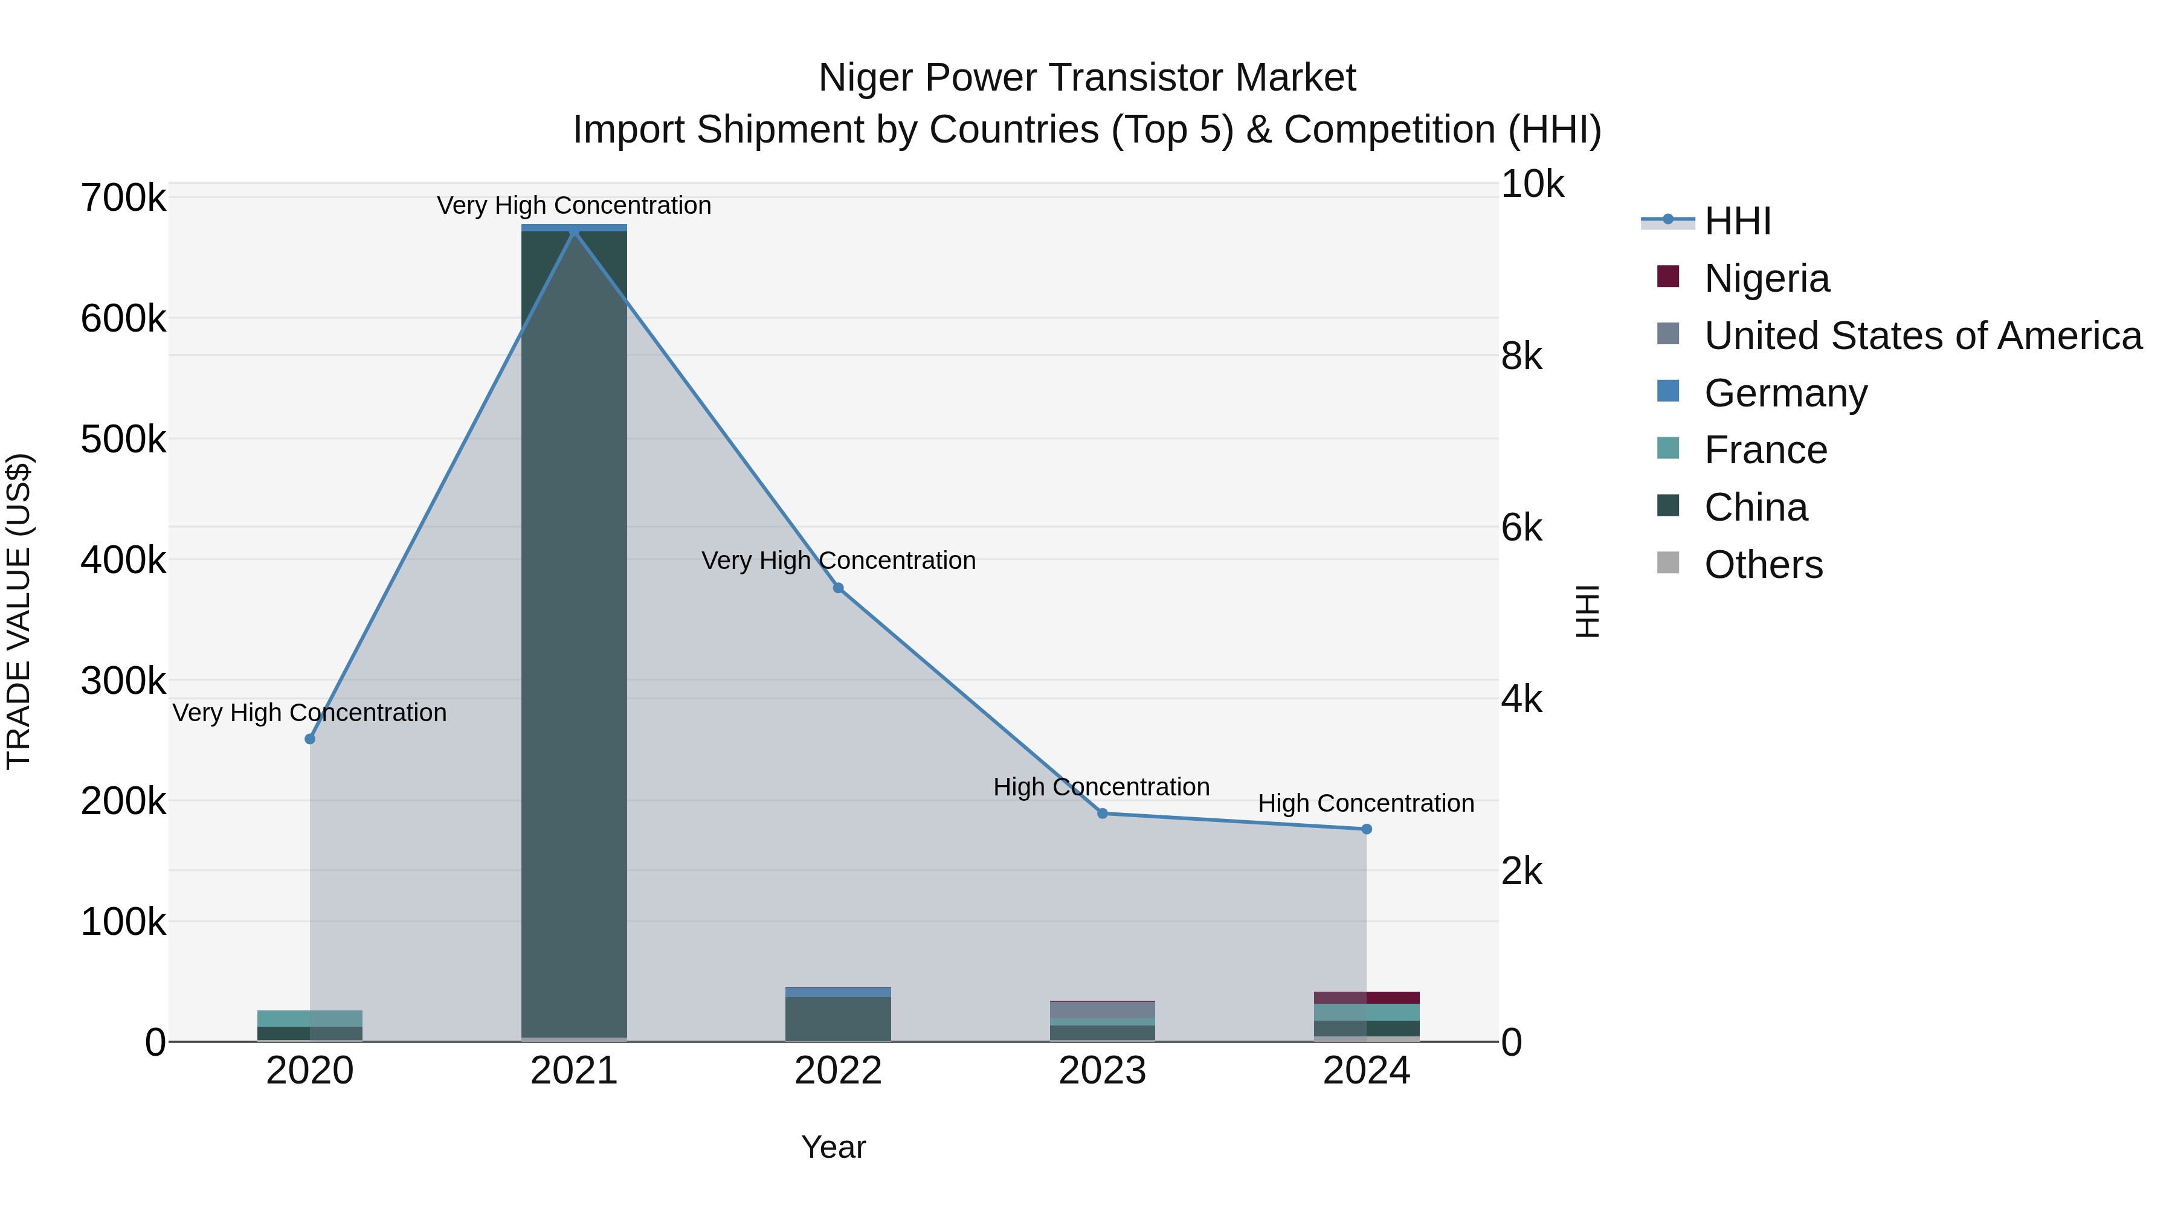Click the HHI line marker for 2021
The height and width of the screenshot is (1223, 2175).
tap(574, 231)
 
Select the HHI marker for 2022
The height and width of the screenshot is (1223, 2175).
tap(839, 588)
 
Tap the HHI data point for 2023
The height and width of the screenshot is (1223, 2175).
tap(1102, 814)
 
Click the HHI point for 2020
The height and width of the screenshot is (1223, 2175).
tap(310, 739)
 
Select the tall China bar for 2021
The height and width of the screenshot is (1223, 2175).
tap(574, 633)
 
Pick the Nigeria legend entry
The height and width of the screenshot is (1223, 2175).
tap(1767, 278)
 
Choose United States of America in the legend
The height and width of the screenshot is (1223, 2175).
tap(1922, 336)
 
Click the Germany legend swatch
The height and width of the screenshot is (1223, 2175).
tap(1667, 391)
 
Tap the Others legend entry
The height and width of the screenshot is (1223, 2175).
tap(1763, 565)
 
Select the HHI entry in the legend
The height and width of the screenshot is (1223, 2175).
tap(1737, 221)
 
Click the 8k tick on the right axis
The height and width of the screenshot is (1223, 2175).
tap(1521, 356)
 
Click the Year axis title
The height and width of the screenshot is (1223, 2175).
tap(833, 1147)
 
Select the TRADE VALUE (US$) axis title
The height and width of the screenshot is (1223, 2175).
tap(19, 611)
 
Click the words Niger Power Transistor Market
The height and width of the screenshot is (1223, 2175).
tap(1087, 78)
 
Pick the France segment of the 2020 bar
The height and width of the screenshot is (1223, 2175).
tap(310, 1018)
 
